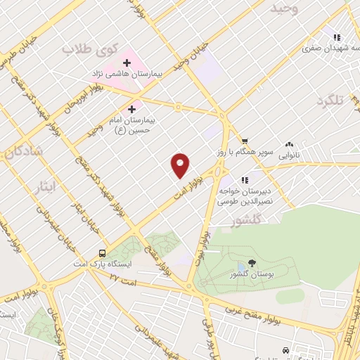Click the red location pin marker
click(x=181, y=165)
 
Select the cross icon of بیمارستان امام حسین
click(x=133, y=109)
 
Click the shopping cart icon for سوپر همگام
click(x=244, y=141)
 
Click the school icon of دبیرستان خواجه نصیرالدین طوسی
click(x=245, y=180)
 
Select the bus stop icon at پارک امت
click(x=103, y=254)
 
